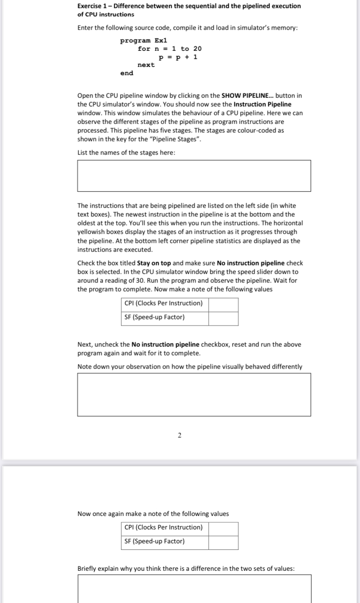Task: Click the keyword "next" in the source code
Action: pyautogui.click(x=146, y=65)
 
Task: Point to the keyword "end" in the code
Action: pyautogui.click(x=127, y=73)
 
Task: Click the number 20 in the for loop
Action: pyautogui.click(x=197, y=49)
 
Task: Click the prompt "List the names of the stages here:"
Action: pyautogui.click(x=127, y=152)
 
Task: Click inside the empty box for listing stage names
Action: pyautogui.click(x=194, y=176)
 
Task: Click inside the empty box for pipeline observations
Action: pyautogui.click(x=194, y=395)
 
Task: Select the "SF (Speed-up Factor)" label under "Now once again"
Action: pyautogui.click(x=154, y=542)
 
